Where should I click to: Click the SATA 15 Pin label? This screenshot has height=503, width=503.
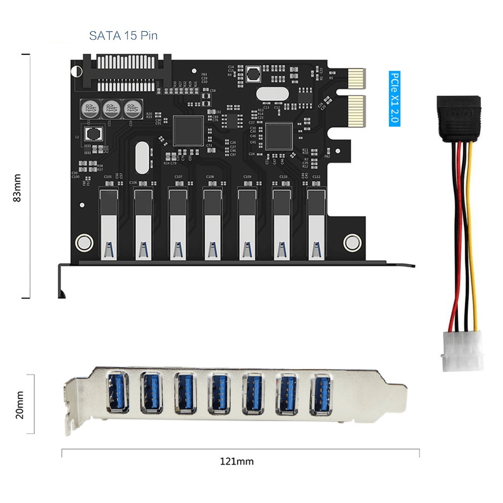pos(123,36)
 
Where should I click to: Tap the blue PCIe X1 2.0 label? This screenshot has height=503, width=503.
pos(395,99)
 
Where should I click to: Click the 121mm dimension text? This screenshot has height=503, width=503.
pos(236,461)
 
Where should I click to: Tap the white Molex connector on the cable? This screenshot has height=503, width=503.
pos(462,350)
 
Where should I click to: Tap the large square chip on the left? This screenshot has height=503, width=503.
pos(189,131)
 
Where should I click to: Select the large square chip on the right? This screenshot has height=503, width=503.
pos(279,136)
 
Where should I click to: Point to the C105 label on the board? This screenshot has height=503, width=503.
pos(107,177)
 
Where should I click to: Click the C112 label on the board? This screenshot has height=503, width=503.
pos(316,177)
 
